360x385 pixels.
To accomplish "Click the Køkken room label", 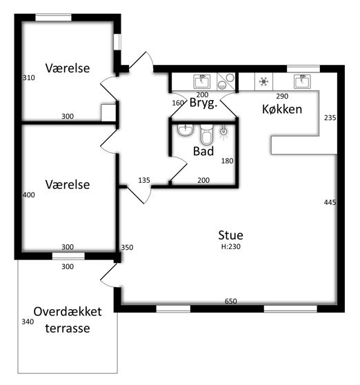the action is [282, 109].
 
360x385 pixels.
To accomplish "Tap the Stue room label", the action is [230, 235].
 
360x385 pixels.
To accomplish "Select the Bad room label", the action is [203, 151].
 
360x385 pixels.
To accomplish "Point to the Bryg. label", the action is [203, 103].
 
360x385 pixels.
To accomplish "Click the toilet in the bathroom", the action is [207, 135].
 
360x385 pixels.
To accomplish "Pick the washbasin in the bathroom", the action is [186, 130].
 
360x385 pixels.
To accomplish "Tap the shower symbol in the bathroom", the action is [223, 132].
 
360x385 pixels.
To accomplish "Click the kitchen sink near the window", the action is [302, 81].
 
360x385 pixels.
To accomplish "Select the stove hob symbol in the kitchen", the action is [263, 81].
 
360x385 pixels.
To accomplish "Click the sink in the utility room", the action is [201, 81].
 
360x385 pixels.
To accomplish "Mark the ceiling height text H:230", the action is [230, 246].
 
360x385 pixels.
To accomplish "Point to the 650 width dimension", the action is [230, 301].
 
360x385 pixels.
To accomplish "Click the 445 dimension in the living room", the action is [330, 202].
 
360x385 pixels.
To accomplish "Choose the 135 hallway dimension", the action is [144, 181].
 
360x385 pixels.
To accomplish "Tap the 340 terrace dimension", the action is [28, 322].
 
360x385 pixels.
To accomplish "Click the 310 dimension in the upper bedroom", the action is [29, 77].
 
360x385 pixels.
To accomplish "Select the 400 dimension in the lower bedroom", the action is [29, 195].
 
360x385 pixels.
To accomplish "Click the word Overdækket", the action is [68, 312].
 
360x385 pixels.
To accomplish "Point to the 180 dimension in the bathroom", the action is [227, 161].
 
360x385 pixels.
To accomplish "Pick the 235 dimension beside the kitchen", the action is [330, 118].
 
